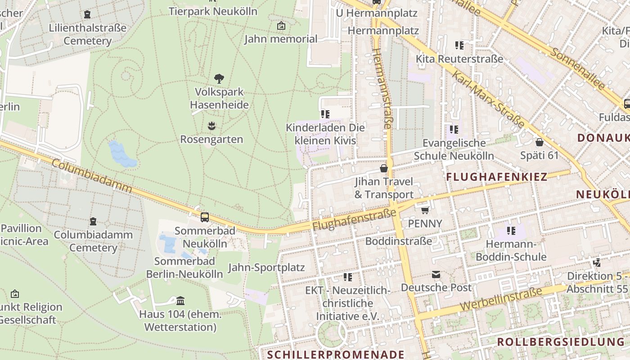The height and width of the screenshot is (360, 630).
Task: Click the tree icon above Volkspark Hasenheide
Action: (x=219, y=79)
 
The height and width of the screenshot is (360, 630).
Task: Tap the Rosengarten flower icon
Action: (x=211, y=126)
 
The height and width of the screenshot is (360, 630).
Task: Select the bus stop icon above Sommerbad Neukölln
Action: (x=205, y=217)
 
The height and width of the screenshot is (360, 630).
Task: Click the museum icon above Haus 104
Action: (x=180, y=300)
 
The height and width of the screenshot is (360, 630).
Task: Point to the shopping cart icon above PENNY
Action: (x=425, y=210)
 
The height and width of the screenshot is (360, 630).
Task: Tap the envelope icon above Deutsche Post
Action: (x=436, y=274)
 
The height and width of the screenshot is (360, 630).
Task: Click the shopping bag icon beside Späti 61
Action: (x=540, y=142)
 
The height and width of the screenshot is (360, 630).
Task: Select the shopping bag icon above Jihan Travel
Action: (x=384, y=168)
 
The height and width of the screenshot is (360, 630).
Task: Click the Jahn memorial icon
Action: (x=281, y=26)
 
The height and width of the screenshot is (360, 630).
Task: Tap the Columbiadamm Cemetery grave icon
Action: (x=93, y=221)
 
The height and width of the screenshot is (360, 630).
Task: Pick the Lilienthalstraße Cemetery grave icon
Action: (x=87, y=14)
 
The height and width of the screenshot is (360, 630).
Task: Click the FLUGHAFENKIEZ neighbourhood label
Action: (x=496, y=177)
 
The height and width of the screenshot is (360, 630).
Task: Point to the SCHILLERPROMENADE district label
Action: (x=336, y=354)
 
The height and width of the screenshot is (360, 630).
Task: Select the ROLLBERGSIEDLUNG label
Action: (x=561, y=342)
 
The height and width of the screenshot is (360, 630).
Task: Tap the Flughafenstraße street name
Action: (x=354, y=220)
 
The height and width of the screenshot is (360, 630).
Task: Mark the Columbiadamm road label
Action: (x=92, y=176)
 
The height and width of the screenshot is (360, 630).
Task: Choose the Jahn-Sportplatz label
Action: (x=266, y=268)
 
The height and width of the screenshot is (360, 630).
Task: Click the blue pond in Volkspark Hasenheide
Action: (x=122, y=154)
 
